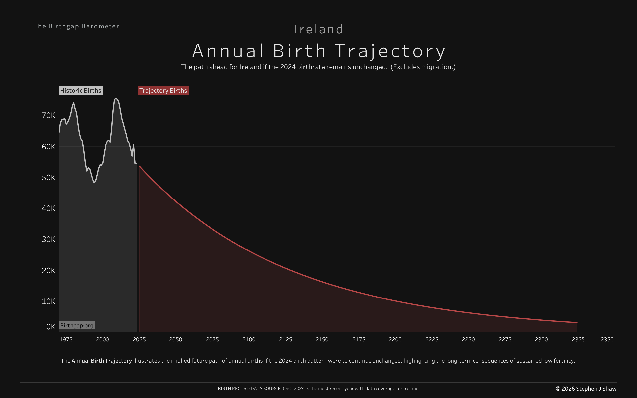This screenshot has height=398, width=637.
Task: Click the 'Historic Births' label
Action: tap(81, 90)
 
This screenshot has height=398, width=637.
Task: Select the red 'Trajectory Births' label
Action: tap(163, 90)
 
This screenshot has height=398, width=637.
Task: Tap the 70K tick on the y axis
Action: tap(49, 115)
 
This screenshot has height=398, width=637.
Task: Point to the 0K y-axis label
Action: tap(51, 327)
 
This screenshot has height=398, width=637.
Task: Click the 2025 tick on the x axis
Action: tap(139, 339)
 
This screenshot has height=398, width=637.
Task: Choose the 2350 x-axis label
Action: tap(607, 339)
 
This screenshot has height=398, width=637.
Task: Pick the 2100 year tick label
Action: tap(249, 339)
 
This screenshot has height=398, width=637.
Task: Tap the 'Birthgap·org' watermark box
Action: tap(77, 325)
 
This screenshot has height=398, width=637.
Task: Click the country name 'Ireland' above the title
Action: tap(318, 29)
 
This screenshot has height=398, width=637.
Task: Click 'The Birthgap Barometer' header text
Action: tap(76, 26)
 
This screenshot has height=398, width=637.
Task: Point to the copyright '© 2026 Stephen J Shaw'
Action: tap(586, 389)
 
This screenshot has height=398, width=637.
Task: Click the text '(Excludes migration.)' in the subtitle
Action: tap(423, 67)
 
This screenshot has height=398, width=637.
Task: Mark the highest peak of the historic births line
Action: tap(116, 98)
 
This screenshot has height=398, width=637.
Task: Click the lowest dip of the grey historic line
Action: tap(94, 182)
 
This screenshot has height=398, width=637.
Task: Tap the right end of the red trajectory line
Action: tap(577, 322)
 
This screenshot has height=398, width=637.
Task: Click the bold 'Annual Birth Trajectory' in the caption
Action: tap(102, 361)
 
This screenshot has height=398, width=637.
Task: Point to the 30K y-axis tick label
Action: tap(49, 239)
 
